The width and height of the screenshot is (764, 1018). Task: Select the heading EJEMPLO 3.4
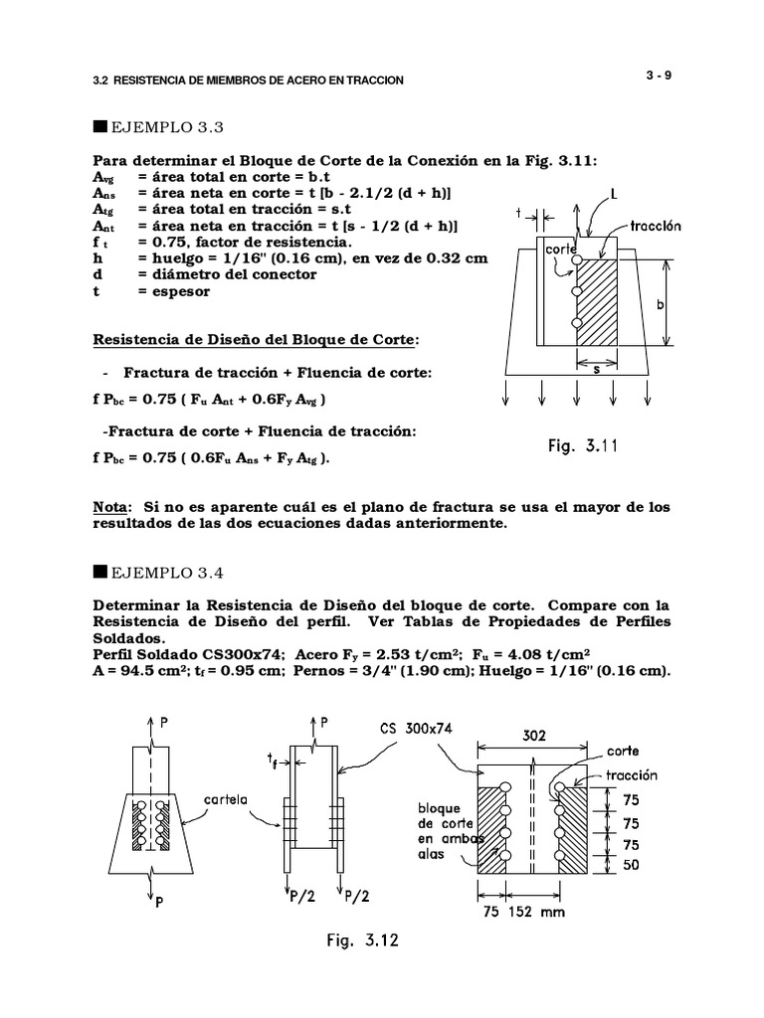158,573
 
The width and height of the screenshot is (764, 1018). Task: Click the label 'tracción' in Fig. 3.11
656,226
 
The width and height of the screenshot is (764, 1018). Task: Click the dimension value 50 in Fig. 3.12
632,865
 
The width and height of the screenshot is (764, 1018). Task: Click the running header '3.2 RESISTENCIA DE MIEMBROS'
247,80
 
